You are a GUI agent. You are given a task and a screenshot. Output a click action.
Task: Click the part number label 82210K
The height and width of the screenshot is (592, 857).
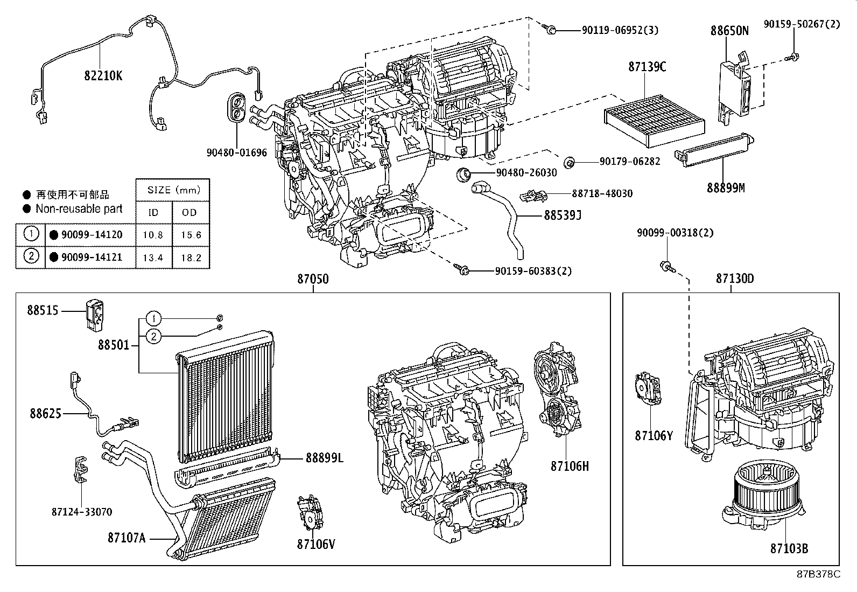pyautogui.click(x=103, y=76)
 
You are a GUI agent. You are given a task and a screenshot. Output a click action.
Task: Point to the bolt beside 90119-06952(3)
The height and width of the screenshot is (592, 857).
pyautogui.click(x=551, y=31)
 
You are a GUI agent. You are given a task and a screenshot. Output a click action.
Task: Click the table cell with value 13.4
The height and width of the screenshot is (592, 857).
pyautogui.click(x=153, y=257)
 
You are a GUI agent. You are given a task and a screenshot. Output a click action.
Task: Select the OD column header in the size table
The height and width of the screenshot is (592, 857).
pyautogui.click(x=189, y=212)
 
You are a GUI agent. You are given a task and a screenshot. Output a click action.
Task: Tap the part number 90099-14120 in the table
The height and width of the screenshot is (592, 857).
pyautogui.click(x=92, y=235)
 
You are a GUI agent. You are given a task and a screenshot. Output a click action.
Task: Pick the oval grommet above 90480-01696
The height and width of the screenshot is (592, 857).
pyautogui.click(x=237, y=107)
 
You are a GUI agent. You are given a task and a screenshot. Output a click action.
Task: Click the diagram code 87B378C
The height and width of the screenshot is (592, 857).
pyautogui.click(x=818, y=574)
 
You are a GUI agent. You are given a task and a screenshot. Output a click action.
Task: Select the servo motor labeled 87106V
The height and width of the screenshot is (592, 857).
pyautogui.click(x=309, y=514)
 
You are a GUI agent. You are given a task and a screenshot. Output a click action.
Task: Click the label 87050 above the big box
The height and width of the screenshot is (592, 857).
pyautogui.click(x=313, y=279)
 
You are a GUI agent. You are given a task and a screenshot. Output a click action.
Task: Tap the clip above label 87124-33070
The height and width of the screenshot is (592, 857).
pyautogui.click(x=80, y=469)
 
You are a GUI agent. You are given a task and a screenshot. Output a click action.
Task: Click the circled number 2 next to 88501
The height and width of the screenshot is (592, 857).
pyautogui.click(x=153, y=337)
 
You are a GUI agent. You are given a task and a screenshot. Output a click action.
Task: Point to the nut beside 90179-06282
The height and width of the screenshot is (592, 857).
pyautogui.click(x=568, y=162)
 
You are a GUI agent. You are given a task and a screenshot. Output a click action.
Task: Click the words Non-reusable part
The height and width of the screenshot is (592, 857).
pyautogui.click(x=79, y=208)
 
